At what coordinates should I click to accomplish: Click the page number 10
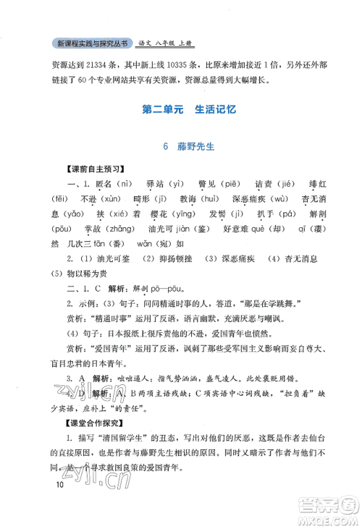tap(59, 504)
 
